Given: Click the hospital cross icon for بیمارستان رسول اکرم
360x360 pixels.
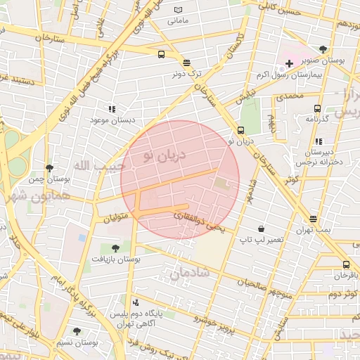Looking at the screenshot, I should click(x=289, y=63).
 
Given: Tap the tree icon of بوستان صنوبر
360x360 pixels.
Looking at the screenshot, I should click(x=323, y=50).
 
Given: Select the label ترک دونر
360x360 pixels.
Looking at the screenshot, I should click(x=186, y=72).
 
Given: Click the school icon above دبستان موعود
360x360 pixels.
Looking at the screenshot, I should click(x=111, y=109).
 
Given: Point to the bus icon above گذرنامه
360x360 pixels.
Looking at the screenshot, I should click(x=317, y=108).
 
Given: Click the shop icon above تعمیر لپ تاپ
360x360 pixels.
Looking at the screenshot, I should click(x=262, y=229).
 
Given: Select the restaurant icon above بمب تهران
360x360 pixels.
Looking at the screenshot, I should click(x=313, y=219).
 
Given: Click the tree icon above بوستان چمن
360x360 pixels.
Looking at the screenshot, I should click(x=49, y=168).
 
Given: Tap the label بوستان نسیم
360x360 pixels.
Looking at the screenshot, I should click(x=77, y=342).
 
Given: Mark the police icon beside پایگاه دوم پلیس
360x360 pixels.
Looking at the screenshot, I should click(x=136, y=302).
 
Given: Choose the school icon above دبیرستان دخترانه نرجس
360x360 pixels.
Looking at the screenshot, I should click(x=319, y=141).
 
